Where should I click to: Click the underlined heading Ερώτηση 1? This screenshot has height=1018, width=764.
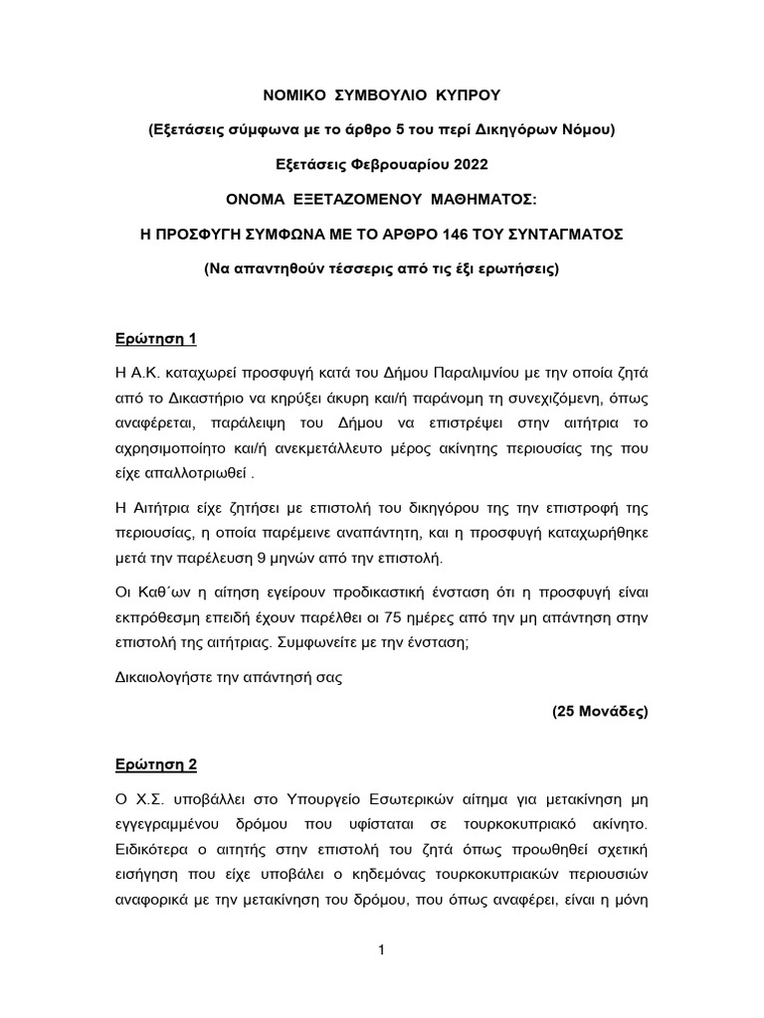tap(157, 338)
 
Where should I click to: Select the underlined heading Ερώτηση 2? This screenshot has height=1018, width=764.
tap(157, 764)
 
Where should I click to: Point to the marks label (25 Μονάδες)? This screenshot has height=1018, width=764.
tap(600, 713)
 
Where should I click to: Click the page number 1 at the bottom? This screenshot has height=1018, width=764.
tap(382, 950)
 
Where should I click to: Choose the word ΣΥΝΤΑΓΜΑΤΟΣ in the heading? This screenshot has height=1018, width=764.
tap(558, 235)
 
